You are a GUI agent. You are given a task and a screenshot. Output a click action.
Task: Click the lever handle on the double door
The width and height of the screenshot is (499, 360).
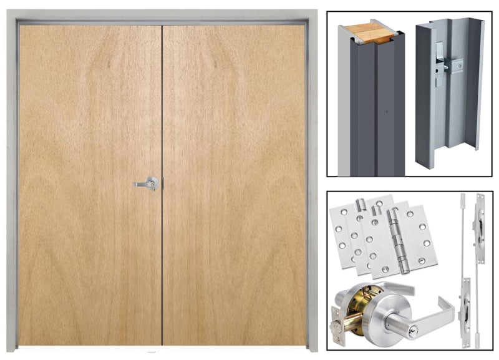(x=148, y=183)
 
